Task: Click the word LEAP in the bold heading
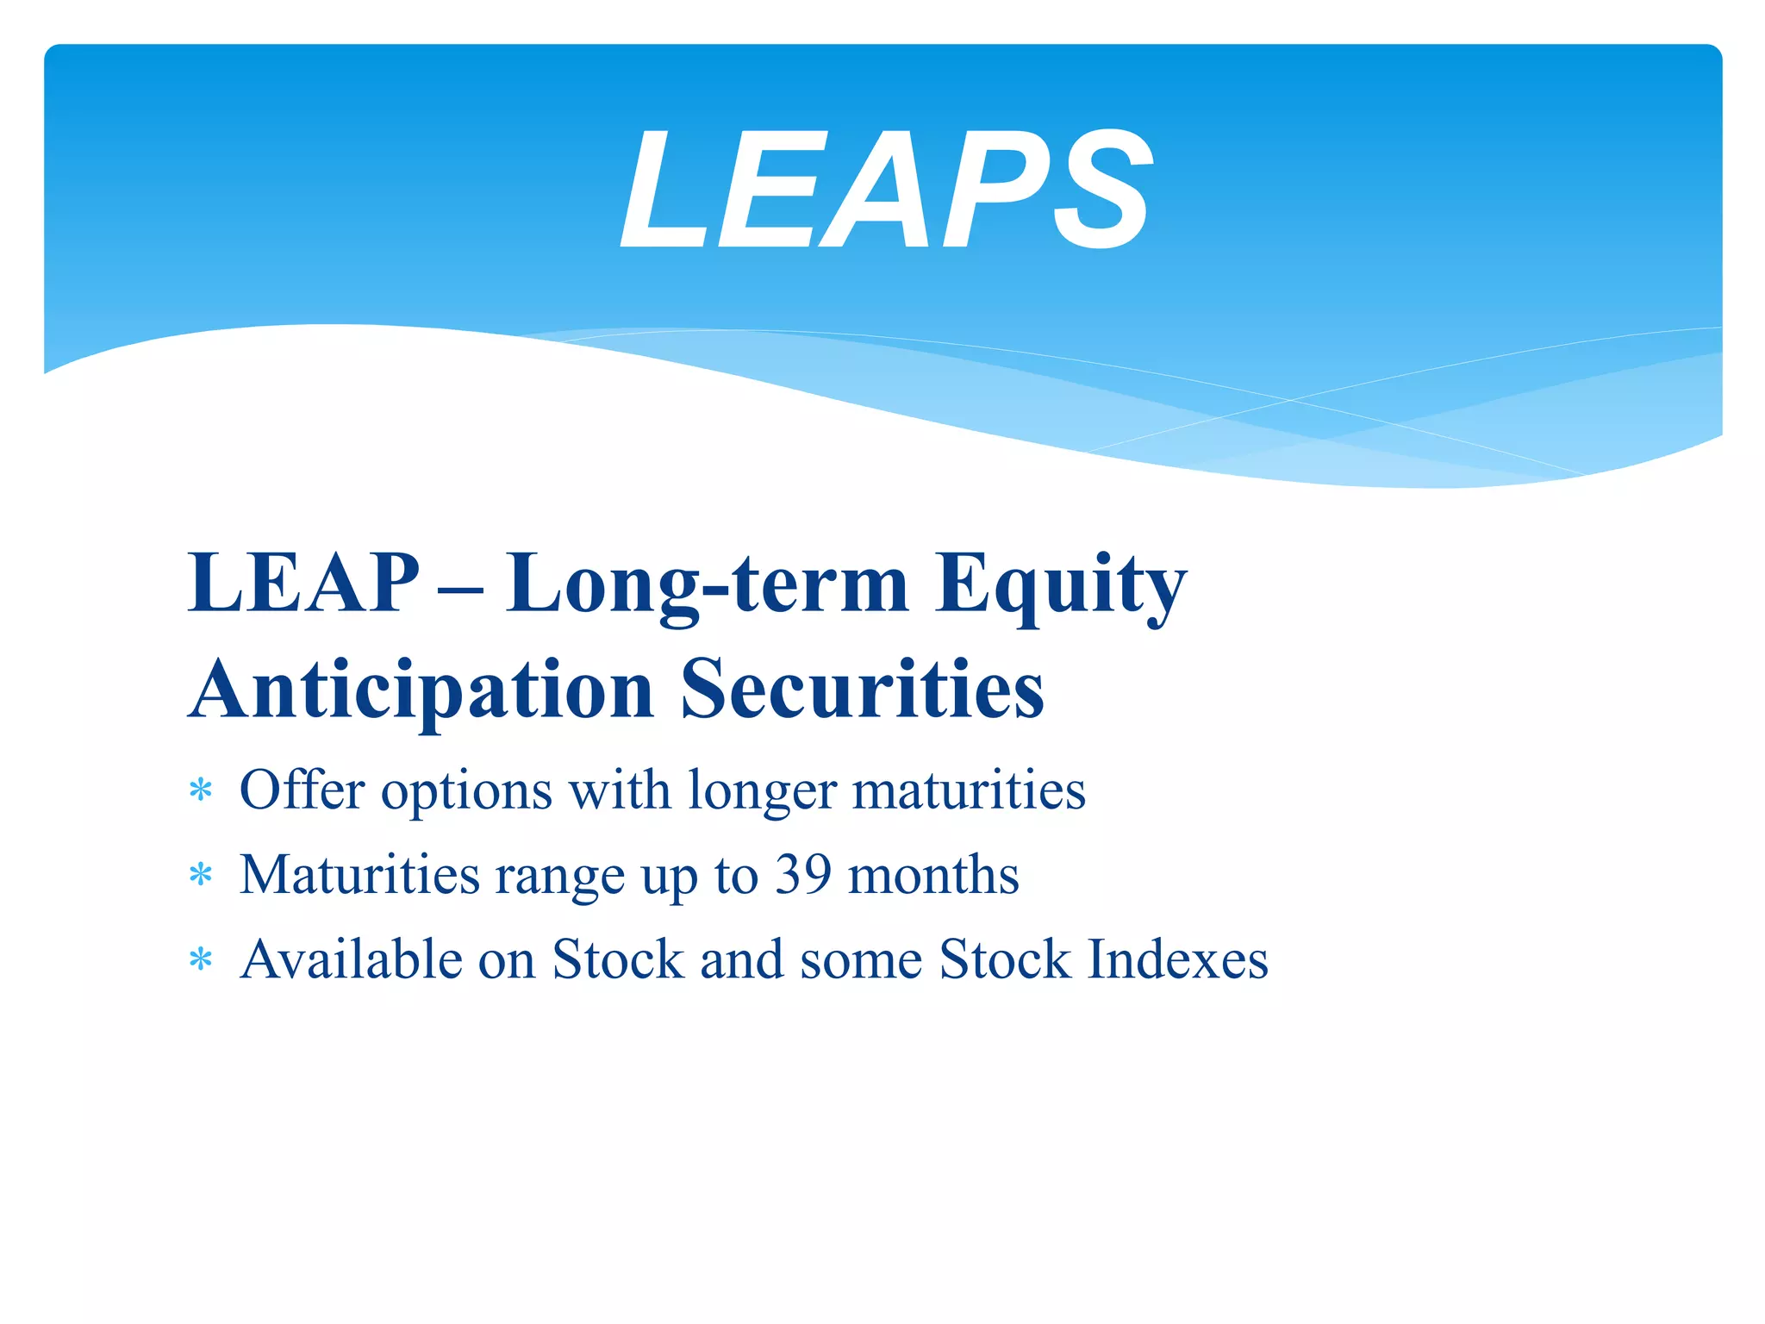click(x=303, y=584)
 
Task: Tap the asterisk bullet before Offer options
click(x=201, y=790)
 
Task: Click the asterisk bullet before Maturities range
click(x=201, y=876)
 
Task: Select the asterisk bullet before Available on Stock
click(x=201, y=959)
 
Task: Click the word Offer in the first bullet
click(x=302, y=790)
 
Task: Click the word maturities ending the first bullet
click(x=969, y=790)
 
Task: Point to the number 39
click(x=803, y=875)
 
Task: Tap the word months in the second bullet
click(x=933, y=875)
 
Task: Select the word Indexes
click(x=1177, y=959)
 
